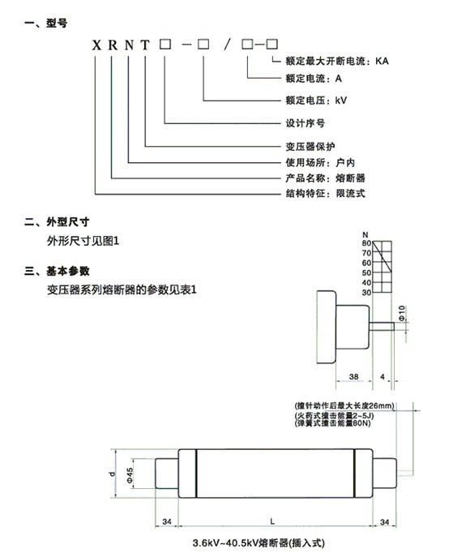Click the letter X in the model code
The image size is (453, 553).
click(x=96, y=45)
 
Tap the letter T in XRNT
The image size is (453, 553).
click(x=145, y=45)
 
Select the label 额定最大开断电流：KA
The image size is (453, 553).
click(x=337, y=61)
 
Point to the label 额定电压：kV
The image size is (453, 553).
click(x=316, y=101)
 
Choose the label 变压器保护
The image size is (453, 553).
click(x=310, y=147)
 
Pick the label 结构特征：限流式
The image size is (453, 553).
click(x=326, y=193)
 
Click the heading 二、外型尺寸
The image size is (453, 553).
click(x=57, y=222)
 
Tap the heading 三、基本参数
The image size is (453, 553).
click(x=57, y=271)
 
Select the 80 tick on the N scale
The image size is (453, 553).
click(x=366, y=243)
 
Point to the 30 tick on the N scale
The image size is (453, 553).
click(x=366, y=293)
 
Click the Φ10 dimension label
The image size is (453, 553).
click(x=402, y=313)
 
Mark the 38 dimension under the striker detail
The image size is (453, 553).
click(x=353, y=377)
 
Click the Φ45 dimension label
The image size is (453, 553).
click(x=130, y=475)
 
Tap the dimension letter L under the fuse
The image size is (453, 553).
click(x=272, y=521)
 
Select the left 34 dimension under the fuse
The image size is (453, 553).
click(x=167, y=521)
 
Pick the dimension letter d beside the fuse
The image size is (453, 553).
click(x=113, y=474)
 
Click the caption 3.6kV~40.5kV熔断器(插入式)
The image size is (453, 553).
click(x=259, y=542)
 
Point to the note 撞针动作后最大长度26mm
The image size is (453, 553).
click(x=344, y=405)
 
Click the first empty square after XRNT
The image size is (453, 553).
click(x=165, y=44)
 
